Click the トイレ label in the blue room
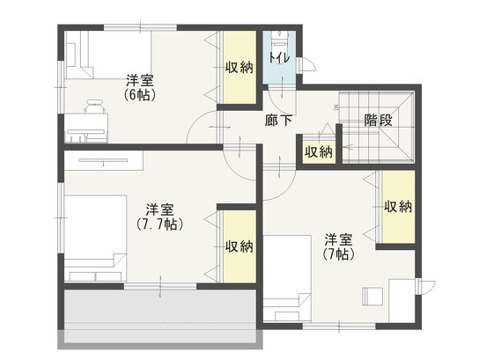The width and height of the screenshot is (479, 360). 279,58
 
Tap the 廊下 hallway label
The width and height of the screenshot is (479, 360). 278,121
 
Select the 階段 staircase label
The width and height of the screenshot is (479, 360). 379,121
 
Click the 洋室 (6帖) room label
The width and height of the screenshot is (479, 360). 140,87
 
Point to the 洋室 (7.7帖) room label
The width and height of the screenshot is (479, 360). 159,217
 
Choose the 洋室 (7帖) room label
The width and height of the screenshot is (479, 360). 338,246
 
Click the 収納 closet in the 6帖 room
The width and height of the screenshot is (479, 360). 239,68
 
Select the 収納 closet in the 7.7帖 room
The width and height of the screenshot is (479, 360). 239,246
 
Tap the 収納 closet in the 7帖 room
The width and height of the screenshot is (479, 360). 398,207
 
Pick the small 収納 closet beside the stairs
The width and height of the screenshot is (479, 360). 319,151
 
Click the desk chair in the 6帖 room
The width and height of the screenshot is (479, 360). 95,107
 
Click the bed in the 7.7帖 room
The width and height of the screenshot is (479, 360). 95,239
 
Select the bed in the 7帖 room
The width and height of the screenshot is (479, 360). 287,278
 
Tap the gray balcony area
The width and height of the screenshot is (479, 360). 160,316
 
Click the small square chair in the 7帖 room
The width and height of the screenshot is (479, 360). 372,296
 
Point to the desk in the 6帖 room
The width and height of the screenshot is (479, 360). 86,129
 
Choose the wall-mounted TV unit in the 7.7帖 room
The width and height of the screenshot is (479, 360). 104,160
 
